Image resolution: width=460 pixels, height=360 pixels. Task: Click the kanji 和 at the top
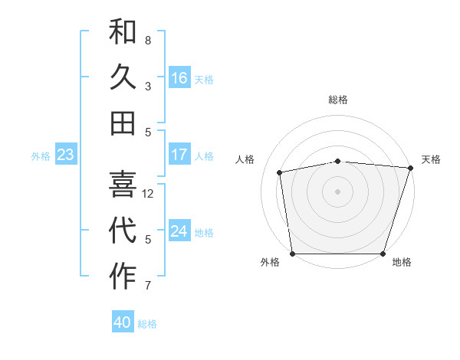tap(123, 32)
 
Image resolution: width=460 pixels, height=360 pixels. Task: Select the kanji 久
tap(123, 77)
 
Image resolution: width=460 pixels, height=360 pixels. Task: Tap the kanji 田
tap(123, 123)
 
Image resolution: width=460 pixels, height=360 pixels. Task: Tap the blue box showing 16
tap(179, 78)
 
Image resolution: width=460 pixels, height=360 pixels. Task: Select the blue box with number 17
tap(179, 155)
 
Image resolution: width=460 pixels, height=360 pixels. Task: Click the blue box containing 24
tap(179, 231)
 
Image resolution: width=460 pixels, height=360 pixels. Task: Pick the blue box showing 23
tap(66, 155)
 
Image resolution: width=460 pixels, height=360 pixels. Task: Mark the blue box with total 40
tap(123, 322)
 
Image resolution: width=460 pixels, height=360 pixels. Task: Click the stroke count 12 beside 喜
tap(148, 194)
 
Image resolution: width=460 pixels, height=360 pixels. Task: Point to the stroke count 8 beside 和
tap(148, 40)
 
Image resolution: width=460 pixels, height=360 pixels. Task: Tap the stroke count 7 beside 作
tap(148, 286)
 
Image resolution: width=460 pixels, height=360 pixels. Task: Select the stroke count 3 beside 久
tap(148, 86)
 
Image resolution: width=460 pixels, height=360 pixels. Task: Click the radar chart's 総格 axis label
tap(338, 100)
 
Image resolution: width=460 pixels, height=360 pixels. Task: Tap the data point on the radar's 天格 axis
tap(410, 168)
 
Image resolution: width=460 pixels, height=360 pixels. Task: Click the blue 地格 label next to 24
tap(204, 233)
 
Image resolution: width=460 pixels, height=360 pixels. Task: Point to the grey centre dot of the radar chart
tap(338, 191)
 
